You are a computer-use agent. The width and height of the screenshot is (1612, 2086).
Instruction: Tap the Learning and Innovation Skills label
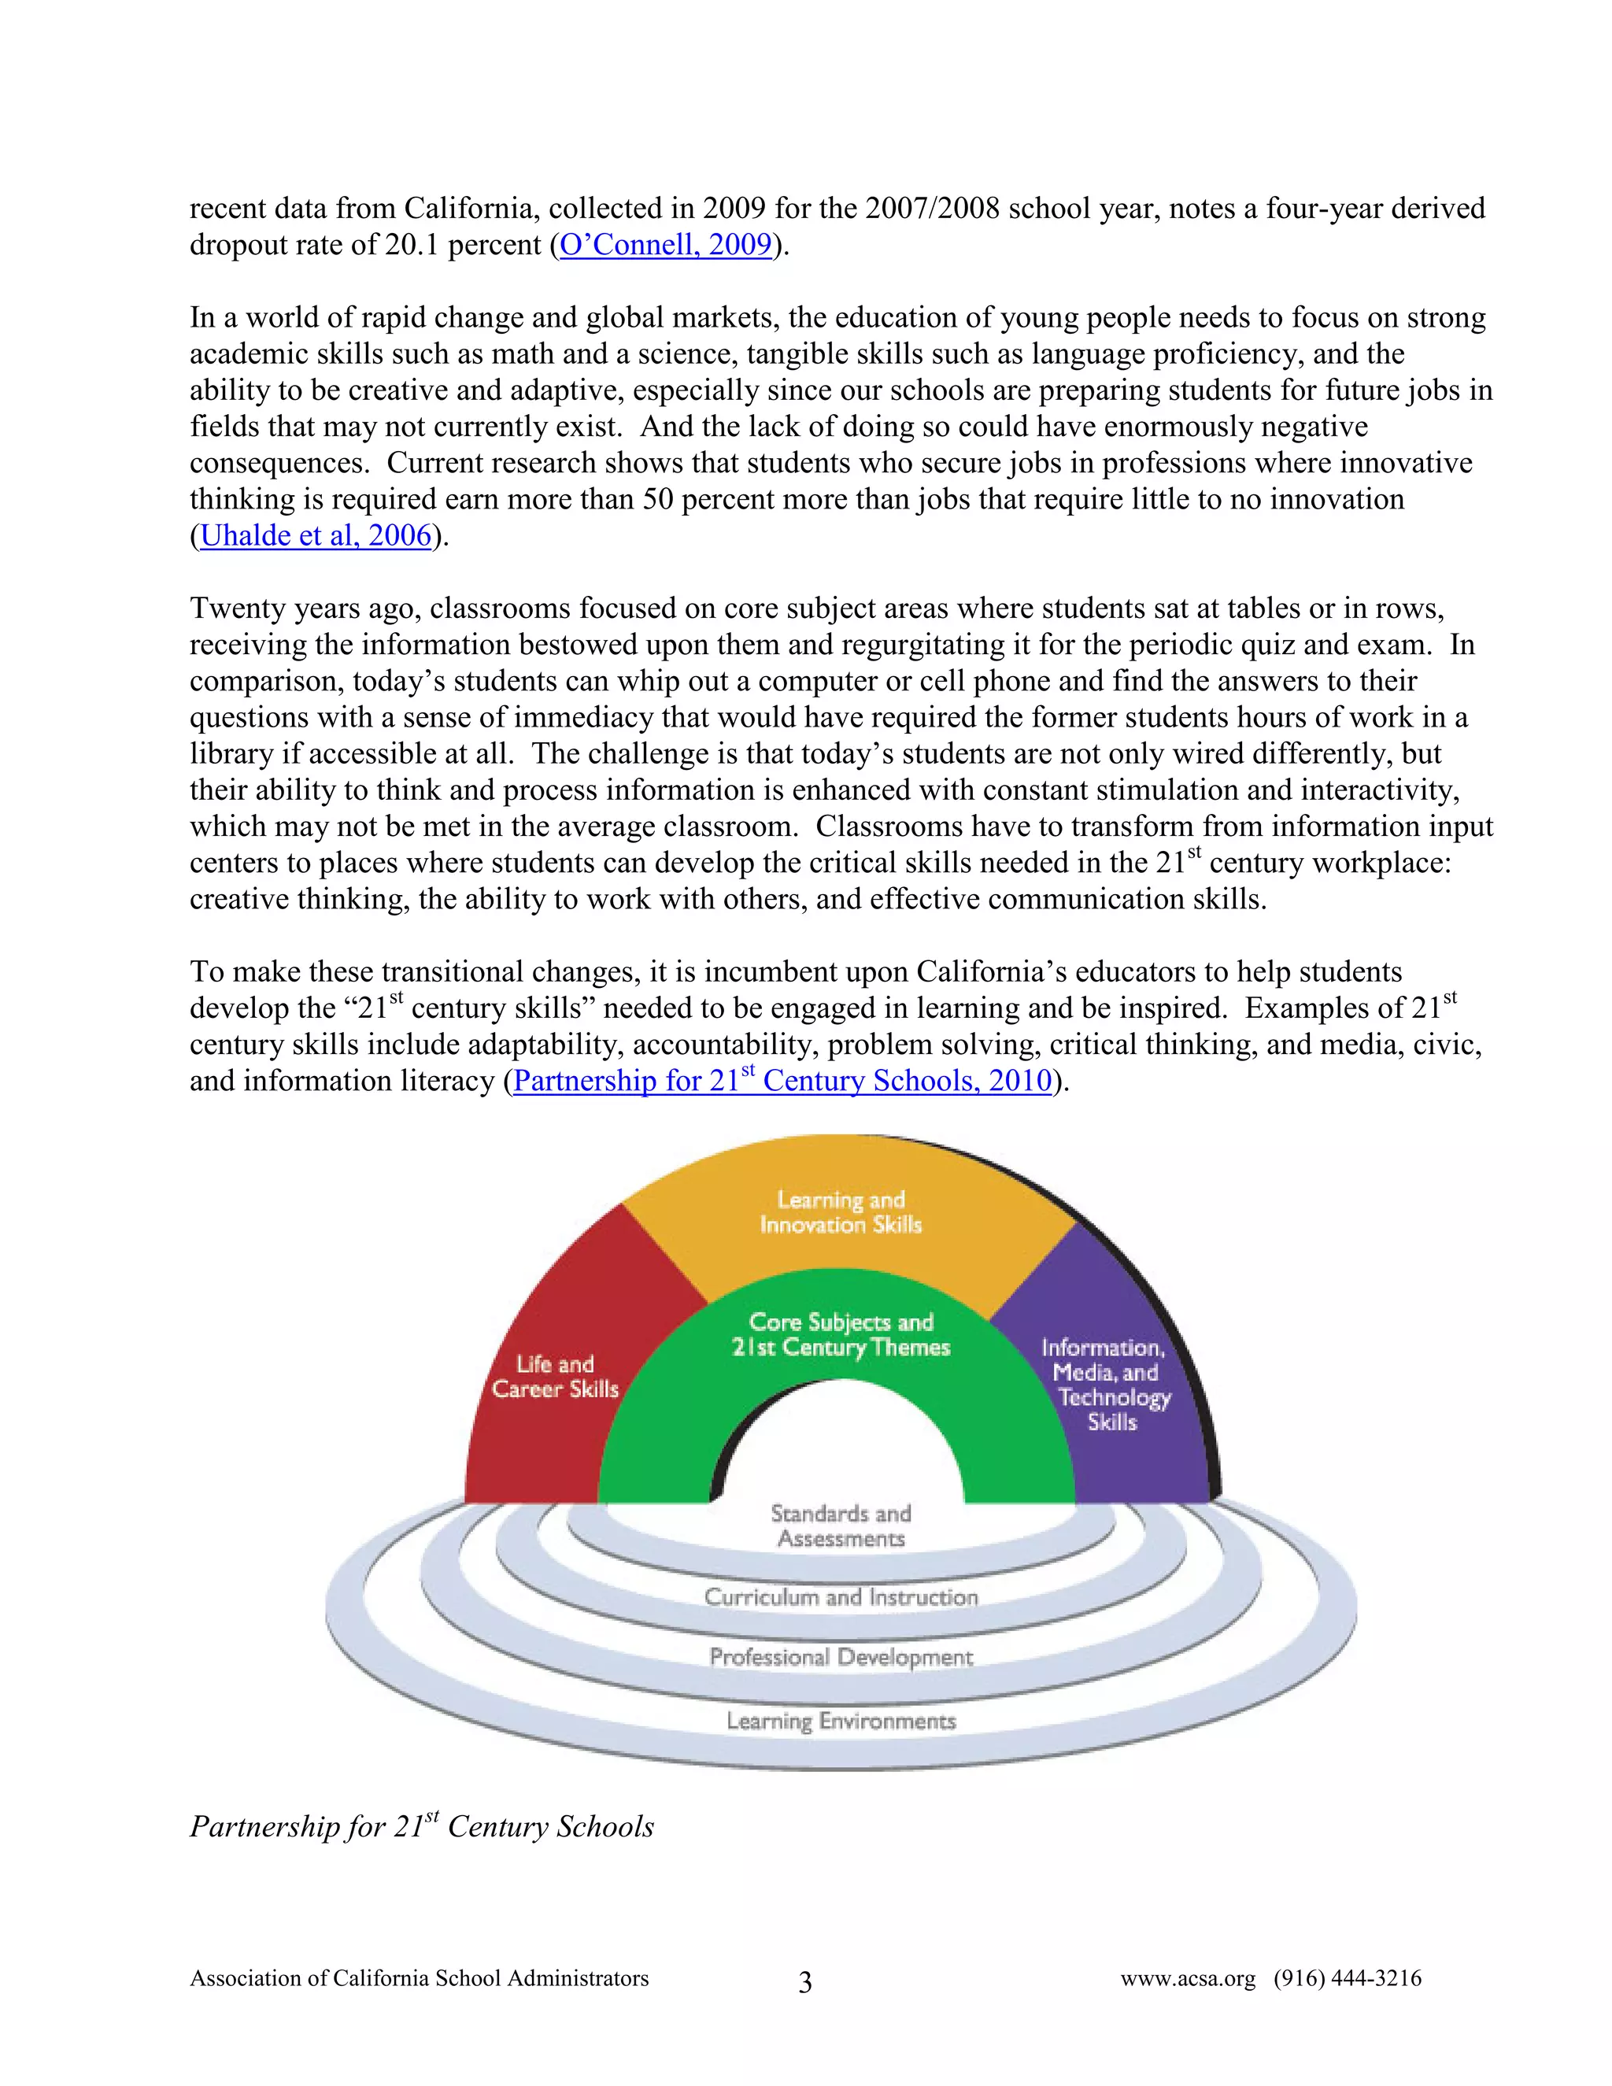click(x=841, y=1212)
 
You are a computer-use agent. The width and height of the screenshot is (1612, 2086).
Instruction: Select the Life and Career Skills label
click(x=555, y=1376)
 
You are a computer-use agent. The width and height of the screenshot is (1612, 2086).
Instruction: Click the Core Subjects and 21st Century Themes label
click(x=841, y=1334)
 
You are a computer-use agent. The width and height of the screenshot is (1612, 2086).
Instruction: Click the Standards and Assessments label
click(x=841, y=1526)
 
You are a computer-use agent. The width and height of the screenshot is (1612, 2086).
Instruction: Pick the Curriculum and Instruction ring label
click(x=841, y=1597)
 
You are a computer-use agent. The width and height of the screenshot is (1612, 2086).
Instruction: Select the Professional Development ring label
click(x=841, y=1656)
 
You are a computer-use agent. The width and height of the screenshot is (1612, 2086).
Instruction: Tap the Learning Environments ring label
click(x=841, y=1720)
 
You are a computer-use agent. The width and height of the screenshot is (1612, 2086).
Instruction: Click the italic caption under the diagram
click(x=421, y=1826)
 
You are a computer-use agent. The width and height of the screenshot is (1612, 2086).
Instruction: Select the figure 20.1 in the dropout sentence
click(x=412, y=245)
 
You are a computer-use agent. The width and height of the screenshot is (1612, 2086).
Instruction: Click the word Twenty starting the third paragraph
click(x=237, y=608)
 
